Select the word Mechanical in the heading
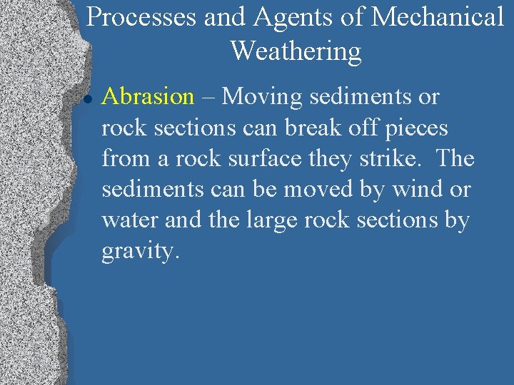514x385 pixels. [437, 18]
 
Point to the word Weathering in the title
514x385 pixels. [296, 51]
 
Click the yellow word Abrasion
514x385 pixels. [148, 96]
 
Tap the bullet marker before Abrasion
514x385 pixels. [85, 98]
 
